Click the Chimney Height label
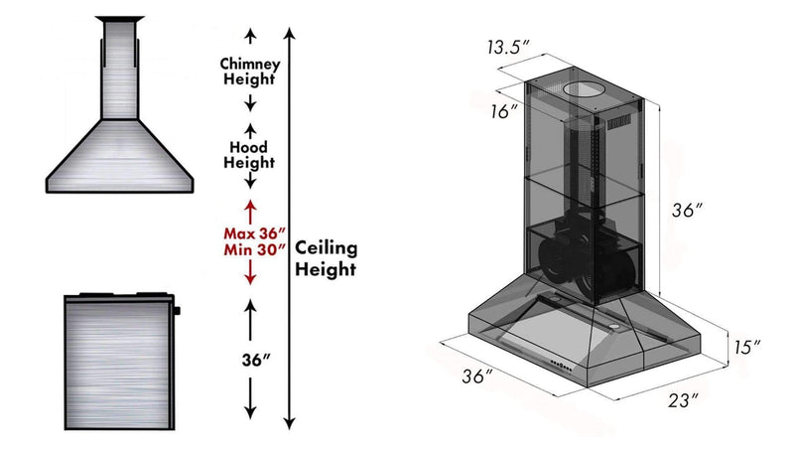coord(250,72)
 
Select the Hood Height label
coord(249,155)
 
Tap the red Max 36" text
coord(255,233)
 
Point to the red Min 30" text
coord(255,249)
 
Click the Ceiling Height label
coord(327,258)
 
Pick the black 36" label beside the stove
coord(256,360)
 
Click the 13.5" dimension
coord(508,47)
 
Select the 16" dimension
coord(503,111)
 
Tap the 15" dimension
coord(747,347)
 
